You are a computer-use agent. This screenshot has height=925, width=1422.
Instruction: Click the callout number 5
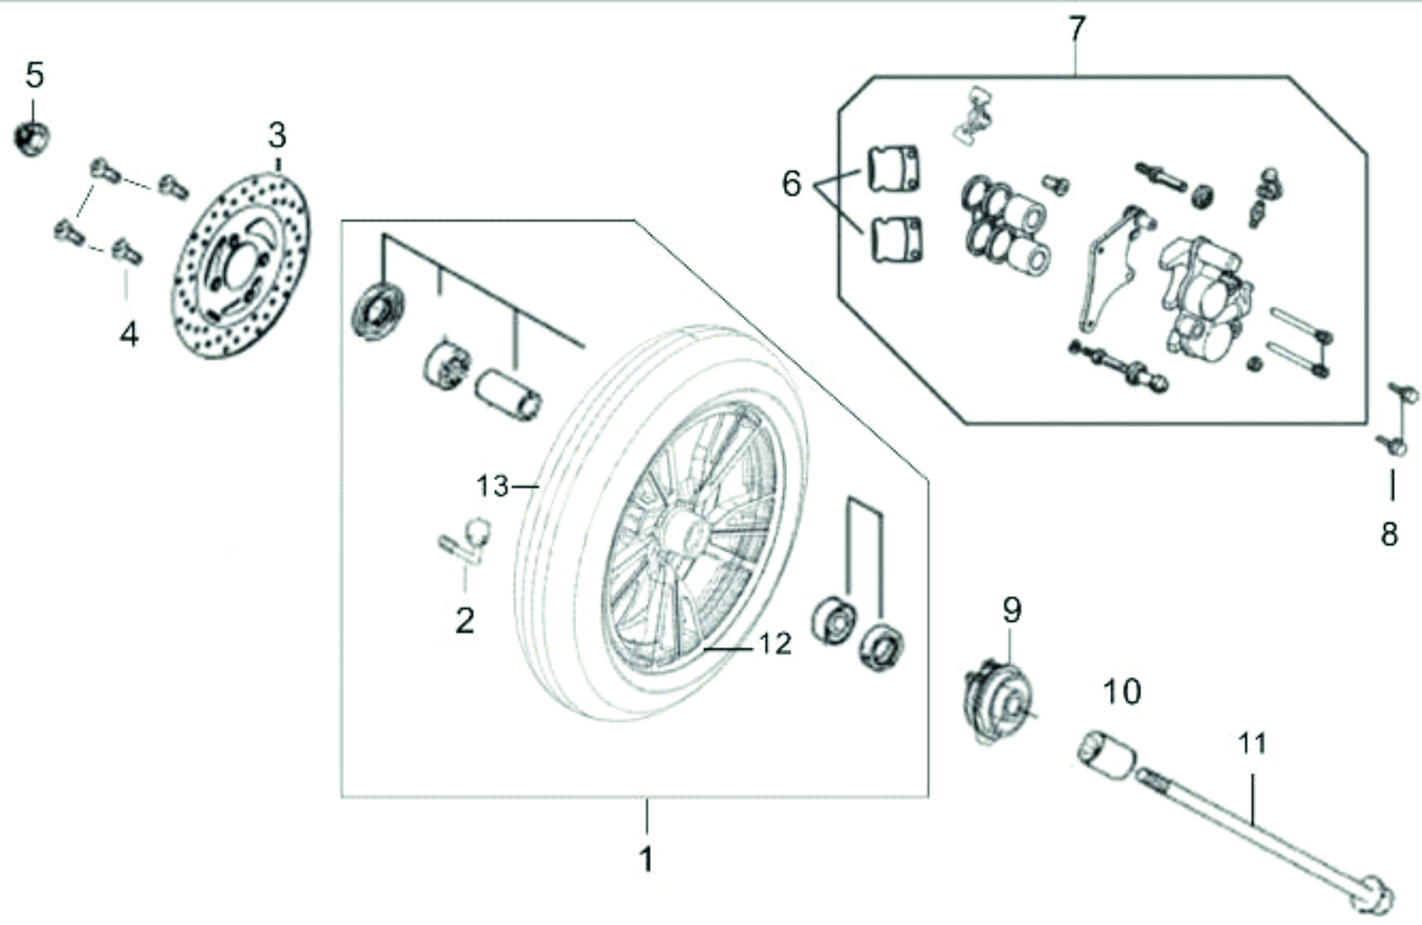coord(35,75)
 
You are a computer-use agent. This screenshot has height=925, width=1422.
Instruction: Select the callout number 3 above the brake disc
coord(277,136)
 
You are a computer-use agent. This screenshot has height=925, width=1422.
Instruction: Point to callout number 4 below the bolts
coord(129,335)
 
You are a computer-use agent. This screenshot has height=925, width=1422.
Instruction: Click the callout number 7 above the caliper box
coord(1076,29)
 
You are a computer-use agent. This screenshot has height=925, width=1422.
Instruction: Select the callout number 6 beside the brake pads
coord(792,183)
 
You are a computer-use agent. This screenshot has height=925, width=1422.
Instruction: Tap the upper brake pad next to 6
coord(893,168)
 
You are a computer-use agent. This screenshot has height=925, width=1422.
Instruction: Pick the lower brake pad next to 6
coord(897,239)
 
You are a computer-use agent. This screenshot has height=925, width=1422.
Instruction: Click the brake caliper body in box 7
coord(1204,297)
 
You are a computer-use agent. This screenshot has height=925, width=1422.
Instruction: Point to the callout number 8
coord(1390,534)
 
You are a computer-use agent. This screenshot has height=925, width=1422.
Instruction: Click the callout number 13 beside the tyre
coord(493,486)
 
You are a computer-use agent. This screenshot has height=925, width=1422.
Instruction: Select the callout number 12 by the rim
coord(775,644)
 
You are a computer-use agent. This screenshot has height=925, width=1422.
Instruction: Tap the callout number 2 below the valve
coord(465,621)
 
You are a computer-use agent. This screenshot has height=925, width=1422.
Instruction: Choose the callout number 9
coord(1012,610)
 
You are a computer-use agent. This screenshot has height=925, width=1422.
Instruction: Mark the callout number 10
coord(1122,692)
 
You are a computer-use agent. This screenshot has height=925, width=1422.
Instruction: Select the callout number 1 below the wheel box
coord(646,860)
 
